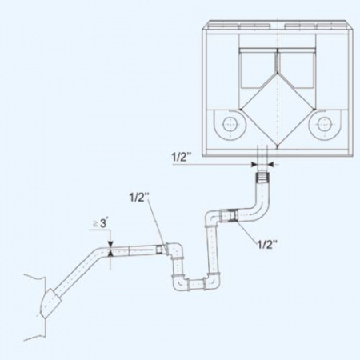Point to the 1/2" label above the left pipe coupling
pyautogui.click(x=139, y=198)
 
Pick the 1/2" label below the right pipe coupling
pyautogui.click(x=267, y=244)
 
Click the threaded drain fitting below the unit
pyautogui.click(x=262, y=178)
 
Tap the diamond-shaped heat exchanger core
pyautogui.click(x=278, y=110)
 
